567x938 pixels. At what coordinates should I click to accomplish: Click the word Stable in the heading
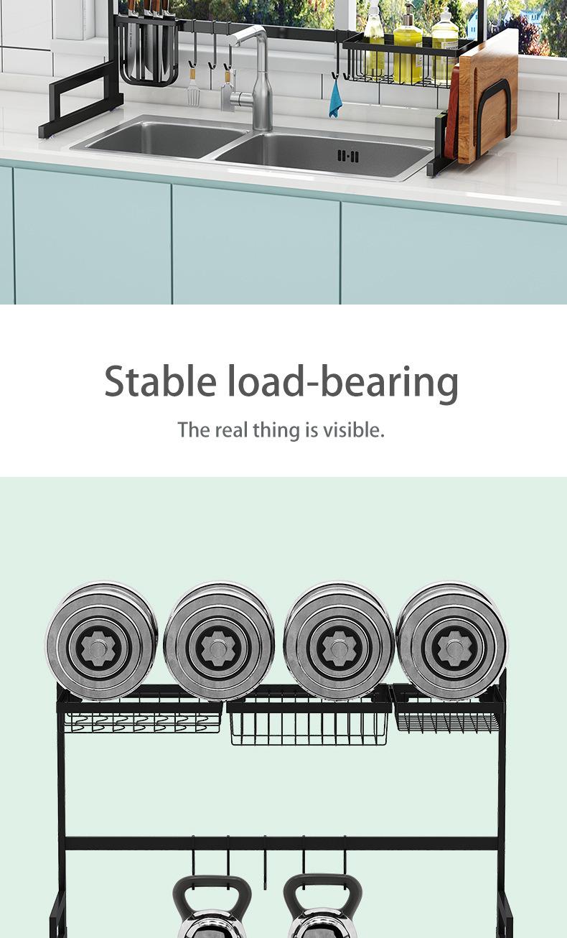pos(159,381)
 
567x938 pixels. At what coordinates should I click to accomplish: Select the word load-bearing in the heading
pos(342,381)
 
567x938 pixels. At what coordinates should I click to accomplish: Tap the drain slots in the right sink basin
pos(347,155)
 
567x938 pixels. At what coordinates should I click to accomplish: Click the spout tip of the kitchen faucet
pos(237,41)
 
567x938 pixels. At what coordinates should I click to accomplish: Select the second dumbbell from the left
pos(219,641)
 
